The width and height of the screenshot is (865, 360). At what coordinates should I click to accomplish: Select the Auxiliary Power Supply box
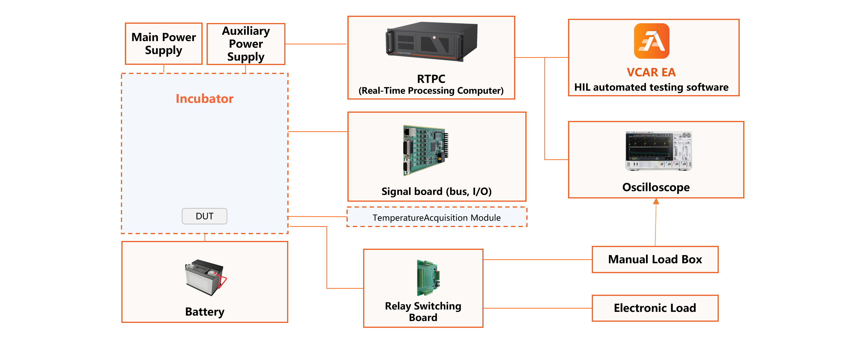[x=246, y=44]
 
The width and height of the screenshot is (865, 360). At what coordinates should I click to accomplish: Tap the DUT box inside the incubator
[x=204, y=216]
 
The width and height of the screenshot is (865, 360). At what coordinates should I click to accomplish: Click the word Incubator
[x=204, y=98]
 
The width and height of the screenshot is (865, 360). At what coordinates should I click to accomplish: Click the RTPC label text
[x=431, y=79]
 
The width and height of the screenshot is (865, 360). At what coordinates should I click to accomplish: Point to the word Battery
[x=204, y=312]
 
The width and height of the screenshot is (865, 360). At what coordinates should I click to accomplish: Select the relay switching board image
[x=428, y=277]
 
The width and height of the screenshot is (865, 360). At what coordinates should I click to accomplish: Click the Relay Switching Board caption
[x=423, y=311]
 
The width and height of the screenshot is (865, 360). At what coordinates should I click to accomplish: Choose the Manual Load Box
[x=655, y=259]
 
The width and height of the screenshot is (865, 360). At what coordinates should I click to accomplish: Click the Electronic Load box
[x=655, y=308]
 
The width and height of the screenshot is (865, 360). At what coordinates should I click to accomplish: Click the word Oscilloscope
[x=656, y=187]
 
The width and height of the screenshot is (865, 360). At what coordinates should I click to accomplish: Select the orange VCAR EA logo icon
[x=651, y=41]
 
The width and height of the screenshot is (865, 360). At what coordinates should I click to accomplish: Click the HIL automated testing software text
[x=651, y=87]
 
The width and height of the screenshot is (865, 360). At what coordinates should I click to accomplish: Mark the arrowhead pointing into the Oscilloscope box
[x=656, y=201]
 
